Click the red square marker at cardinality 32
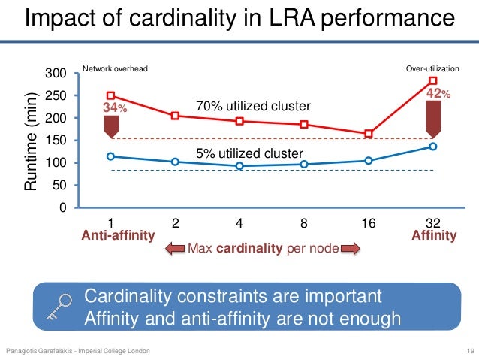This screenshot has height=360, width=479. [x=432, y=80]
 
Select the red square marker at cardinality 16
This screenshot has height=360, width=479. [x=369, y=134]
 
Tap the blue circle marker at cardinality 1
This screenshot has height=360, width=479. [x=110, y=156]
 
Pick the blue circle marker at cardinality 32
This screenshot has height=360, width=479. [x=432, y=147]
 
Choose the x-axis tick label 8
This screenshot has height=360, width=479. [x=303, y=223]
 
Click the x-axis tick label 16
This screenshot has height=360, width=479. [x=368, y=223]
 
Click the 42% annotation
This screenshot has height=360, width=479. [x=438, y=93]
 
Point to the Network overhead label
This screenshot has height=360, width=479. [x=115, y=68]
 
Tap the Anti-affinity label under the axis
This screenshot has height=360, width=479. [x=117, y=236]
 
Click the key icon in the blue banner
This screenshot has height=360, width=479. [x=62, y=306]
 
